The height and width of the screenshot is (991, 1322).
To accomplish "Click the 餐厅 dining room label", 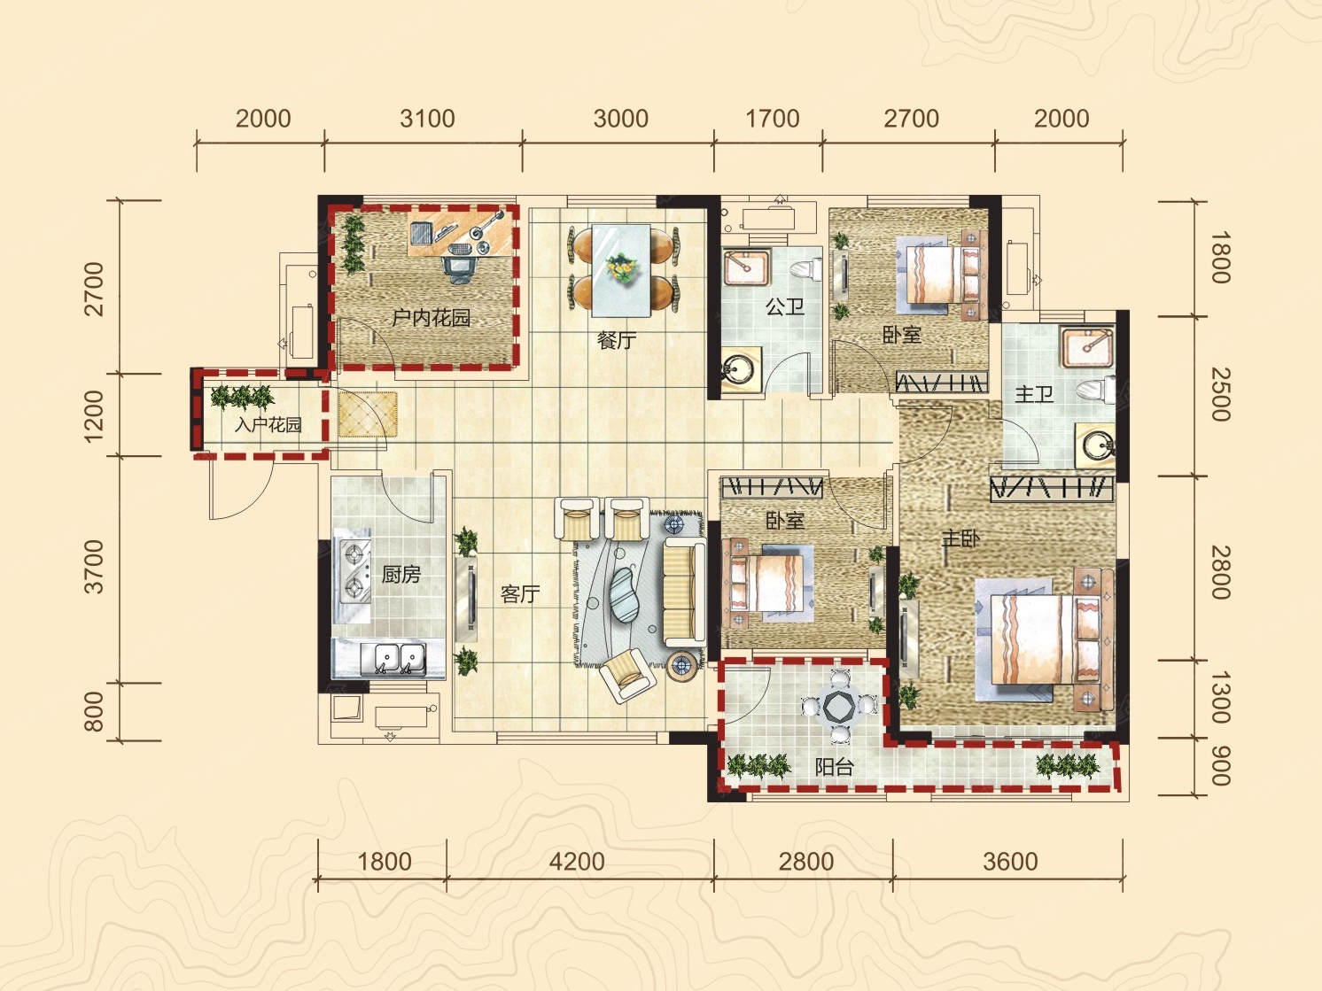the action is (617, 341).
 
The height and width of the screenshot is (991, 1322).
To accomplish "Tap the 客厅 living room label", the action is (520, 594).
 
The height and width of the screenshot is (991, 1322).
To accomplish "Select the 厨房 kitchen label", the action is (401, 574).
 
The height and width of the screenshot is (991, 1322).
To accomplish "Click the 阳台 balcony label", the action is (834, 767).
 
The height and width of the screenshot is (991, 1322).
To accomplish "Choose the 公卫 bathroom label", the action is (785, 307).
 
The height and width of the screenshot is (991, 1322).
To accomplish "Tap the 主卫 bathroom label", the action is (1033, 394).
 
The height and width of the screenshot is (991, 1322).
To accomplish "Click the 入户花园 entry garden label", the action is (268, 425).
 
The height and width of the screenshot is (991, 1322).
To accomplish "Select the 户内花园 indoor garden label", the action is (432, 317).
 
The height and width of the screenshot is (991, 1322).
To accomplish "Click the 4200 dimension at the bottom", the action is (577, 862).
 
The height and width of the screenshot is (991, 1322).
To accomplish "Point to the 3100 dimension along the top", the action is (428, 119).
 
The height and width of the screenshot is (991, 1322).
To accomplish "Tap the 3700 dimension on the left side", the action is (94, 567).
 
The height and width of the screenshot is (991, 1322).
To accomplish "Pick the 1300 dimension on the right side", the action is (1220, 698).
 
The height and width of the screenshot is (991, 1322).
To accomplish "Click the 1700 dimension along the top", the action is (773, 119).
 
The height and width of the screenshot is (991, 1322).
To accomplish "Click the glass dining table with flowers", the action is (621, 270).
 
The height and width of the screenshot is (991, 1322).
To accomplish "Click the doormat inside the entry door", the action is (368, 414).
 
